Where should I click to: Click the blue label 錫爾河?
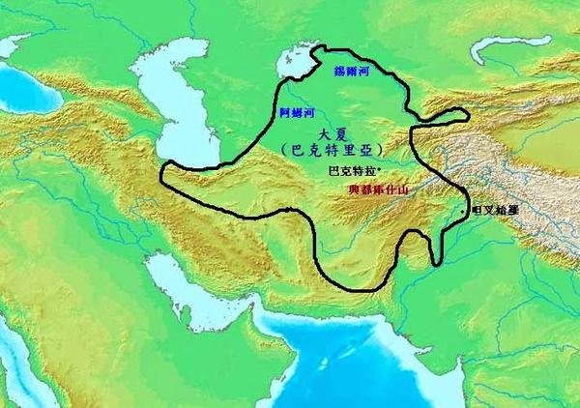(353, 72)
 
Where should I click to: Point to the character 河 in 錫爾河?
(365, 72)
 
